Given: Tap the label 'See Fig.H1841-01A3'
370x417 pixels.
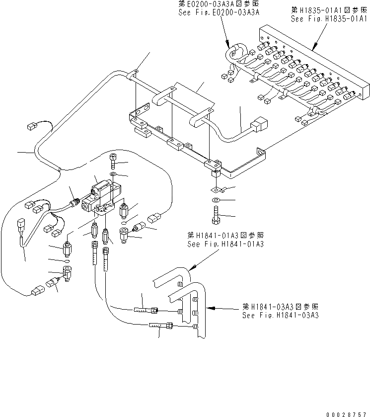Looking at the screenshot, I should point(225,244).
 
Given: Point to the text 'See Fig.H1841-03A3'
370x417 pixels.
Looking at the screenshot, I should point(280,315).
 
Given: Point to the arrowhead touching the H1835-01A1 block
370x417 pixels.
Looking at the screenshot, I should point(312,49).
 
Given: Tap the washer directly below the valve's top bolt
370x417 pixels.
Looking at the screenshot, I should point(114,175).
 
